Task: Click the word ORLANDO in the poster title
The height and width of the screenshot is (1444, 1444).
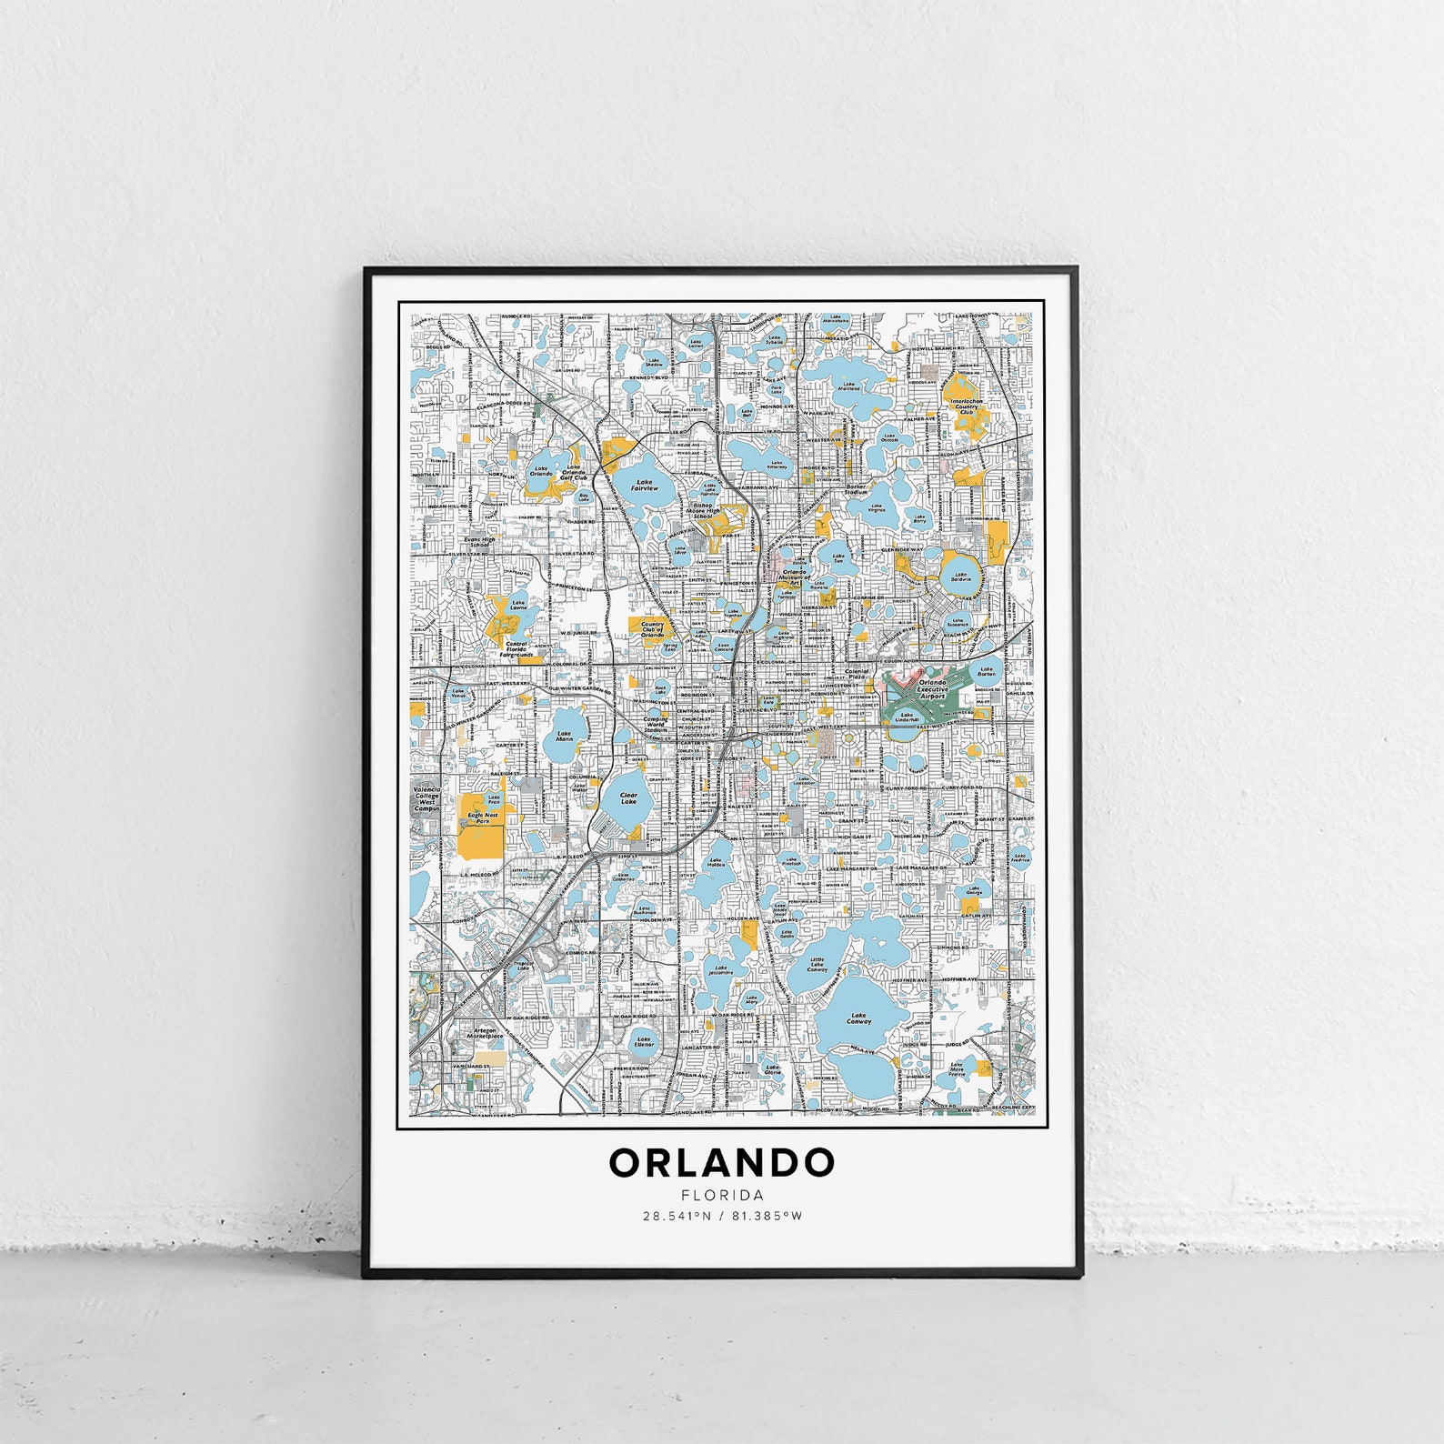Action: pos(721,1162)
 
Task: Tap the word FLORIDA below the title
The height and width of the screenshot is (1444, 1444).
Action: pos(721,1196)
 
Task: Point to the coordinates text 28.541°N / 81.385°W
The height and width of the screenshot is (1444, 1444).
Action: pos(722,1215)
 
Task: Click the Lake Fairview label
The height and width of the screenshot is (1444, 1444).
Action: pos(645,486)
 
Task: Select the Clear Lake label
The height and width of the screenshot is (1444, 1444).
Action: pos(629,797)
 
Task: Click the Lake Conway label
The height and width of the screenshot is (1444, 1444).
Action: pos(859,1018)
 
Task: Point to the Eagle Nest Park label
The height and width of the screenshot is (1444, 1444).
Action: pos(483,817)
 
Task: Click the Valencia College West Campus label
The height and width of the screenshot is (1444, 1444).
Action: pos(426,798)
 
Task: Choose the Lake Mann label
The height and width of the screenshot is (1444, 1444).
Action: pos(565,737)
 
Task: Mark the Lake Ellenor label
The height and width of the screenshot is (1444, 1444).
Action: pos(644,1042)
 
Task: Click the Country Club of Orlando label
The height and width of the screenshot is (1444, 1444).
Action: pos(653,628)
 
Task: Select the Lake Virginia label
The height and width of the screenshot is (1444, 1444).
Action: pos(877,508)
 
